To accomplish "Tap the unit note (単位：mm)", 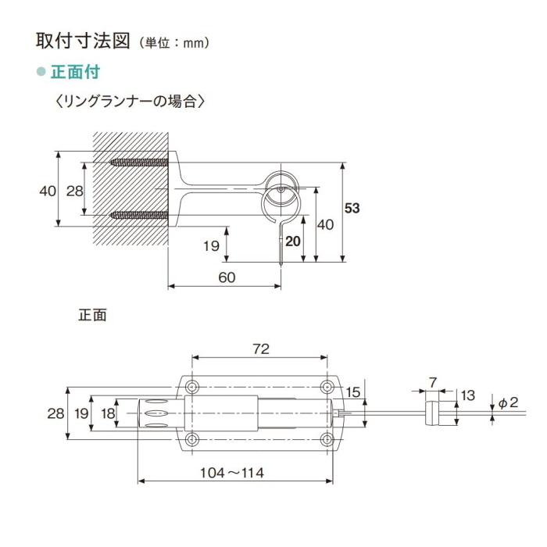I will tap(174, 43).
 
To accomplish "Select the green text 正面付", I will tap(74, 72).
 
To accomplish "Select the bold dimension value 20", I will tap(292, 241).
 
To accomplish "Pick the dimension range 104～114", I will tap(231, 473).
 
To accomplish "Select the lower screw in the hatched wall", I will tap(139, 214).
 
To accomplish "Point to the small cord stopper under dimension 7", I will tap(431, 413).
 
